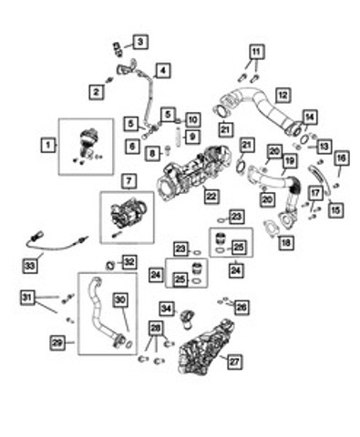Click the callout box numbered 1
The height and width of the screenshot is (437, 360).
[48, 145]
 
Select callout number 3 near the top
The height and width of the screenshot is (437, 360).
[140, 42]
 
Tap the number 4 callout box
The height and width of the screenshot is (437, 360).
[163, 70]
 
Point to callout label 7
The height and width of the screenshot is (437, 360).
[129, 181]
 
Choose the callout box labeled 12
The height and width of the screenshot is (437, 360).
[283, 96]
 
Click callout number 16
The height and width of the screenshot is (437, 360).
[341, 158]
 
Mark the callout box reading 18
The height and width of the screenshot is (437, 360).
[286, 242]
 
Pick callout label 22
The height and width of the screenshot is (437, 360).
[211, 196]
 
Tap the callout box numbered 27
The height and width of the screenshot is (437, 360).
[234, 361]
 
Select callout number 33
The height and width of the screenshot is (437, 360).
[30, 266]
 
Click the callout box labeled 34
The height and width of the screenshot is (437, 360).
[167, 309]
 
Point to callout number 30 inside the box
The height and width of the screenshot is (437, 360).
[120, 300]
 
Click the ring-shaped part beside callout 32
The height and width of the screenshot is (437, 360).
[110, 266]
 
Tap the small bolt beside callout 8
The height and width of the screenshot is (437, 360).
[168, 150]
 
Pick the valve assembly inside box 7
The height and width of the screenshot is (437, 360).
[129, 214]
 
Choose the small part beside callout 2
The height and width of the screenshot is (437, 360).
[109, 80]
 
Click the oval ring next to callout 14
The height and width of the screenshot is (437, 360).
[304, 139]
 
